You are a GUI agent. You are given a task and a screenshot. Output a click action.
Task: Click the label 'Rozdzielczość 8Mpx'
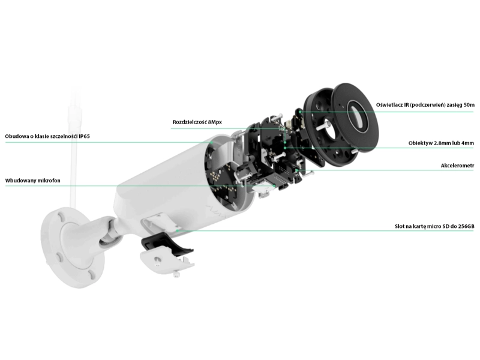click(x=197, y=122)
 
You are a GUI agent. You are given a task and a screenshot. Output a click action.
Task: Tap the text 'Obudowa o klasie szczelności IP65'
click(x=47, y=136)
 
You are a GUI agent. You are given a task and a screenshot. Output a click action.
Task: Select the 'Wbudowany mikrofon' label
click(x=33, y=181)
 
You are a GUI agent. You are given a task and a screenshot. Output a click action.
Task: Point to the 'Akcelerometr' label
click(x=457, y=166)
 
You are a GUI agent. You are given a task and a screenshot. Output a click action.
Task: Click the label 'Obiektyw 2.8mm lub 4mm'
click(x=441, y=143)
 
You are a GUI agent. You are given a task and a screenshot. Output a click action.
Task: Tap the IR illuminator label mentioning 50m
click(x=425, y=105)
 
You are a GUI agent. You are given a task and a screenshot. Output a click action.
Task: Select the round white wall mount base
click(x=72, y=247)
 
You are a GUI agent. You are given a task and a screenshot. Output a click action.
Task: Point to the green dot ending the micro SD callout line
click(x=177, y=230)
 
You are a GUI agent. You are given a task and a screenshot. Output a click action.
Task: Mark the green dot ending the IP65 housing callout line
click(x=212, y=142)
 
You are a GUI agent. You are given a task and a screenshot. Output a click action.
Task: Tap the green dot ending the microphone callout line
click(x=275, y=186)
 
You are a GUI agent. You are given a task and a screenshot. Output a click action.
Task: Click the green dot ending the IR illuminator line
click(x=301, y=112)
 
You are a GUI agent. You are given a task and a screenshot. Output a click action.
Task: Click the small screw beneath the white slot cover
click(x=176, y=274)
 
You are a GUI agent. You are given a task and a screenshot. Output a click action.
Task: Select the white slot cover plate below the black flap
click(x=167, y=260)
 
